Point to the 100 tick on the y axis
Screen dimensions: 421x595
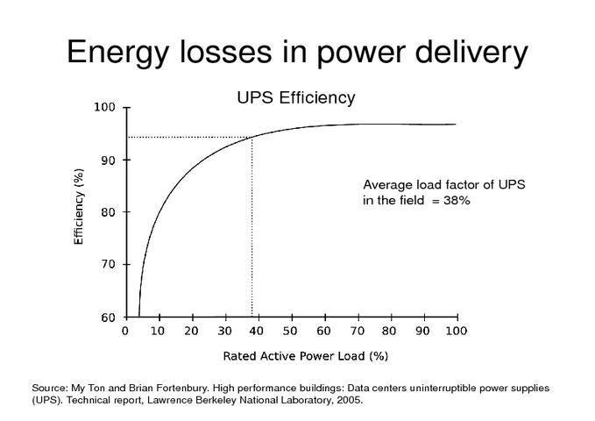(x=105, y=107)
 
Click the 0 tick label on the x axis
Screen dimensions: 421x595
(x=124, y=331)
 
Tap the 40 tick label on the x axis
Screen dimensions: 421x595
(x=257, y=331)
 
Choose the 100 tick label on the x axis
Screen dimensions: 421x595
(x=456, y=331)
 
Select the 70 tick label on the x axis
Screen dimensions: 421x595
(x=357, y=331)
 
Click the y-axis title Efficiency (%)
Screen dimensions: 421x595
(x=80, y=211)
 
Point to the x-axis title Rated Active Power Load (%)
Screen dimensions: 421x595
(x=293, y=356)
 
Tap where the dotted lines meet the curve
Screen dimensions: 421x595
(x=251, y=137)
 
